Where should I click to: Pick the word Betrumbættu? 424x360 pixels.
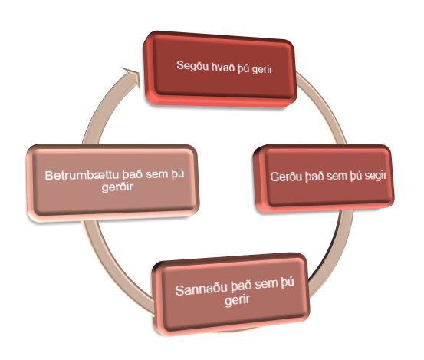tap(82, 176)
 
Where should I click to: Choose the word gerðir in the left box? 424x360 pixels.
tap(117, 187)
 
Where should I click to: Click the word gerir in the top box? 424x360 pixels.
tap(262, 70)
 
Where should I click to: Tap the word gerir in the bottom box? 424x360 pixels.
tap(237, 300)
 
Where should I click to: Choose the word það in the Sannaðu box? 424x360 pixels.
tap(241, 287)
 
